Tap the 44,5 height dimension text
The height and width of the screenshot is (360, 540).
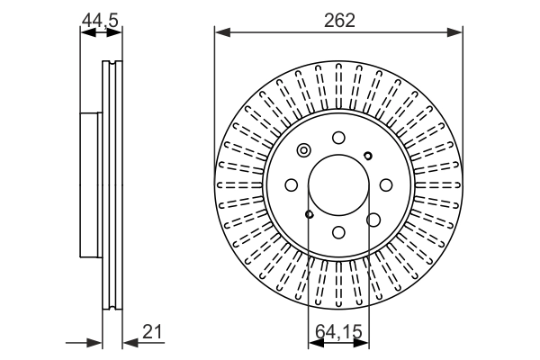100,19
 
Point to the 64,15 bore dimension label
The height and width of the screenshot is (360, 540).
338,333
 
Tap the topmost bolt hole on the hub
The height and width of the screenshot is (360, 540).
338,137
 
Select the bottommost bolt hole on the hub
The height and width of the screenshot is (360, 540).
338,232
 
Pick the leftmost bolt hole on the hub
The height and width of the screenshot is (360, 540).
291,184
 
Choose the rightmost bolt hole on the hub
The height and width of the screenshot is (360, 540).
386,184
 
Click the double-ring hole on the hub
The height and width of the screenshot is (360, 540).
304,150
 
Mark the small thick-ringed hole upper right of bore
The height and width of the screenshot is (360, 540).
368,155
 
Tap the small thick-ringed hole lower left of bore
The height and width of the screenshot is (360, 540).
309,214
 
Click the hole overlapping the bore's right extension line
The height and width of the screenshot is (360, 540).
372,218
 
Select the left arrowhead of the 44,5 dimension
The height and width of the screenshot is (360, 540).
86,33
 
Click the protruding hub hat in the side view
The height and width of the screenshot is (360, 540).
91,184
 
